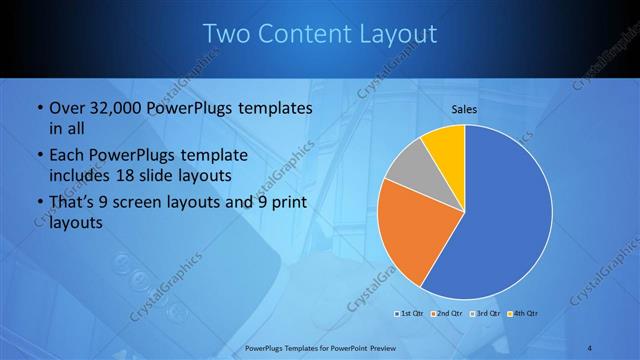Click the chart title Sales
tap(465, 109)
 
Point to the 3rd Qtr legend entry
tap(485, 315)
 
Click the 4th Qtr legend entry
tap(524, 315)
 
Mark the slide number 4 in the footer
tap(590, 348)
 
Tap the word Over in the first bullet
tap(67, 107)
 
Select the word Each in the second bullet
tap(67, 157)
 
